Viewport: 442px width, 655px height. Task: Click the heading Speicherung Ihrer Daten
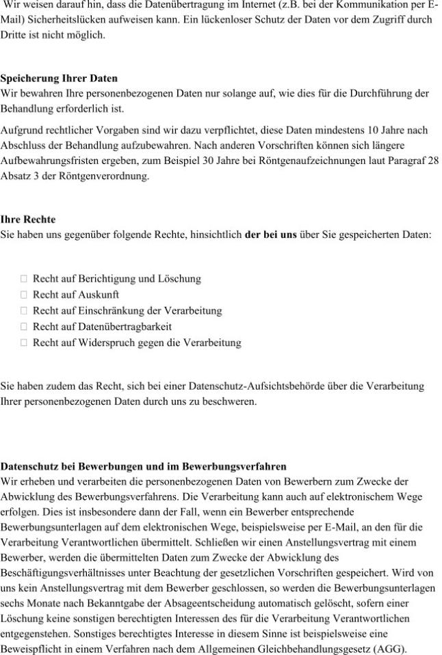[59, 79]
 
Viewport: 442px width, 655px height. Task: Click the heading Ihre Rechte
[28, 219]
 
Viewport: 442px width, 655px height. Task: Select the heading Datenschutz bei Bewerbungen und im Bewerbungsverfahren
[144, 467]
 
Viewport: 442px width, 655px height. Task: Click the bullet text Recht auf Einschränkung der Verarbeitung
[127, 310]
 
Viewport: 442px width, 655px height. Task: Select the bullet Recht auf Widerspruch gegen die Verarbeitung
[137, 342]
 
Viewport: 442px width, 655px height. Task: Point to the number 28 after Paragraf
[432, 161]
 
